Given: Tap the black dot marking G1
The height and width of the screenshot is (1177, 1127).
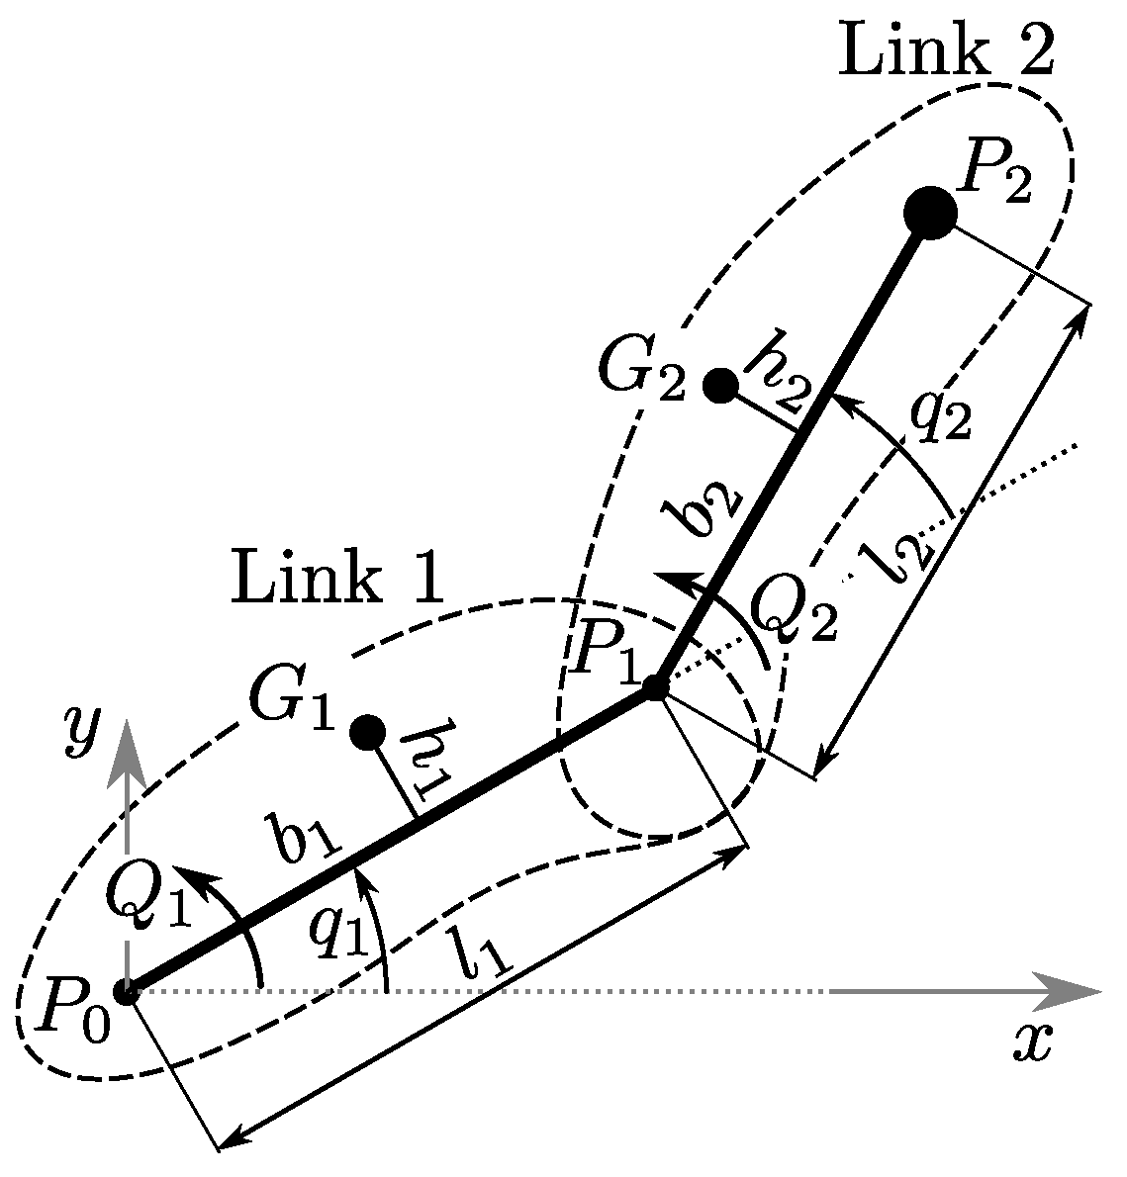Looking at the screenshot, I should pos(368,732).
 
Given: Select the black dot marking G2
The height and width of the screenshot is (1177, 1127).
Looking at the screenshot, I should pos(720,385).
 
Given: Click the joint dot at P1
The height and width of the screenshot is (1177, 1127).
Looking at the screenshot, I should pos(655,687).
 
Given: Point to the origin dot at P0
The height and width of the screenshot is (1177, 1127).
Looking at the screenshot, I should pos(126,990).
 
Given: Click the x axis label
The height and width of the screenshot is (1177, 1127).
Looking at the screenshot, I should pos(1033,1041).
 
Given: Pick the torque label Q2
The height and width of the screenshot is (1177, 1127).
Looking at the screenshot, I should pos(795,614).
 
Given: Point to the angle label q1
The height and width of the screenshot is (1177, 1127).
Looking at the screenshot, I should pos(337,931).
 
